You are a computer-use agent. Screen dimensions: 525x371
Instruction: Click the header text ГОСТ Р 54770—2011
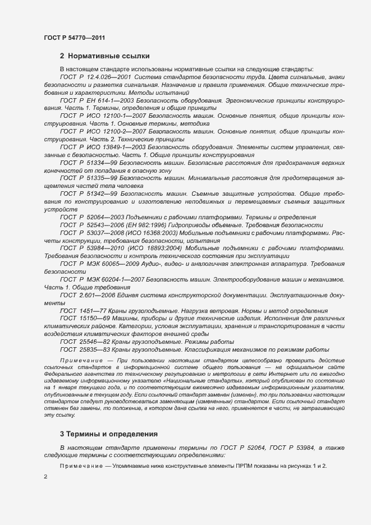(x=74, y=38)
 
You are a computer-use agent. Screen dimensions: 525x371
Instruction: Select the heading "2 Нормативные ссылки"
(x=104, y=56)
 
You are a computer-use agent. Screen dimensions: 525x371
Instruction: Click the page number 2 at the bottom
(x=45, y=476)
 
